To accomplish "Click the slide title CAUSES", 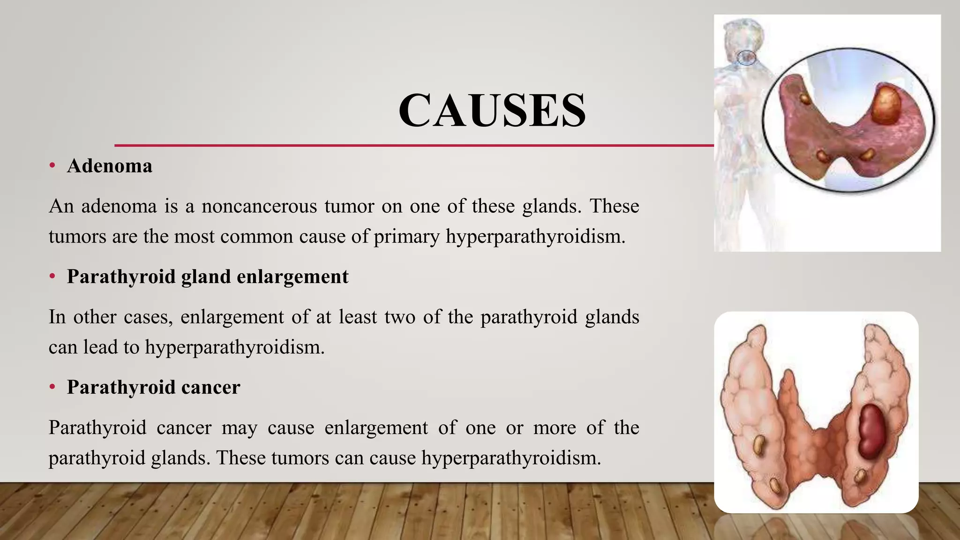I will (x=492, y=111).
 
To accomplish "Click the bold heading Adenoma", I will (x=109, y=166).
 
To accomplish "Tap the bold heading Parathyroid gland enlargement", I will (x=207, y=277).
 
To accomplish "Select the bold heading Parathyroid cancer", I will (x=153, y=387).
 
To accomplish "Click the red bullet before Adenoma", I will (x=52, y=165).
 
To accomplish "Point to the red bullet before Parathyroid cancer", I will (x=52, y=387).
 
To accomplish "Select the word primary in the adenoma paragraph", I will (x=406, y=236).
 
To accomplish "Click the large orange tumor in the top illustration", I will (x=886, y=104).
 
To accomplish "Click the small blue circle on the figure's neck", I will (x=745, y=58).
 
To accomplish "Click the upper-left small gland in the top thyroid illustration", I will (x=805, y=98).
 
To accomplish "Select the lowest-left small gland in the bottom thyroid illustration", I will (x=776, y=486).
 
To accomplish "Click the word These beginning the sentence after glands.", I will (x=614, y=206).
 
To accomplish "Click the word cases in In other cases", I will (x=148, y=317).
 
